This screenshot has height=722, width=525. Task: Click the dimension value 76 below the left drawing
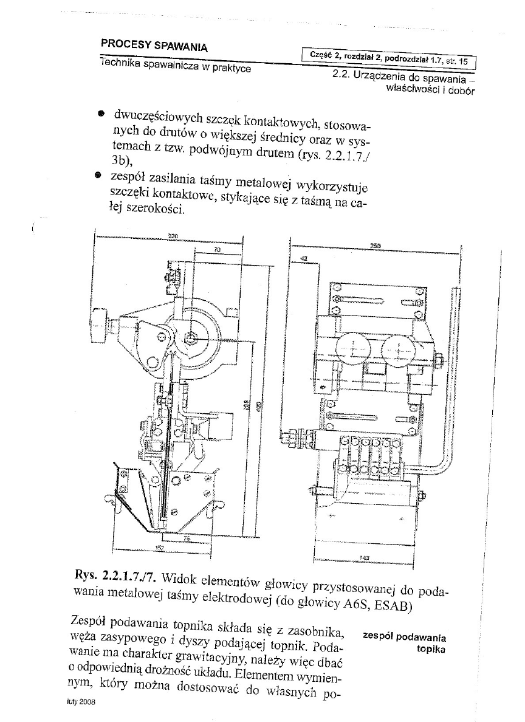tap(187, 538)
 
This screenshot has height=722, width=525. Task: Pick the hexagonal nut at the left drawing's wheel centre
tap(191, 337)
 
